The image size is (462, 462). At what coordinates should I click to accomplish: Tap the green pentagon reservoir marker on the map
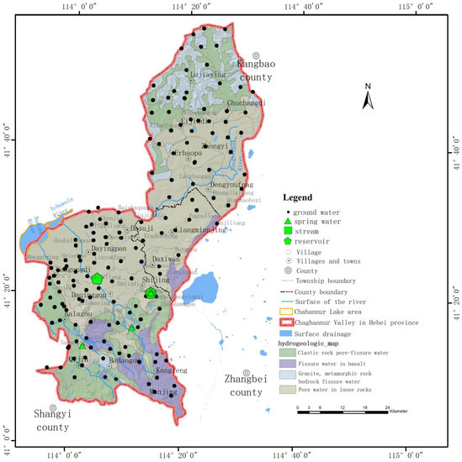click(97, 278)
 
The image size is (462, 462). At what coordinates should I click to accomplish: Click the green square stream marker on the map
click(151, 293)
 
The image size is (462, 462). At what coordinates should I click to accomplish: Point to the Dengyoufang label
click(231, 185)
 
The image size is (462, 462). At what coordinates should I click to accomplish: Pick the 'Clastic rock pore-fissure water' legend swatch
click(288, 352)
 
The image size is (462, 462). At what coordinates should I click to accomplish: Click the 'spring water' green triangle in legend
click(288, 221)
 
